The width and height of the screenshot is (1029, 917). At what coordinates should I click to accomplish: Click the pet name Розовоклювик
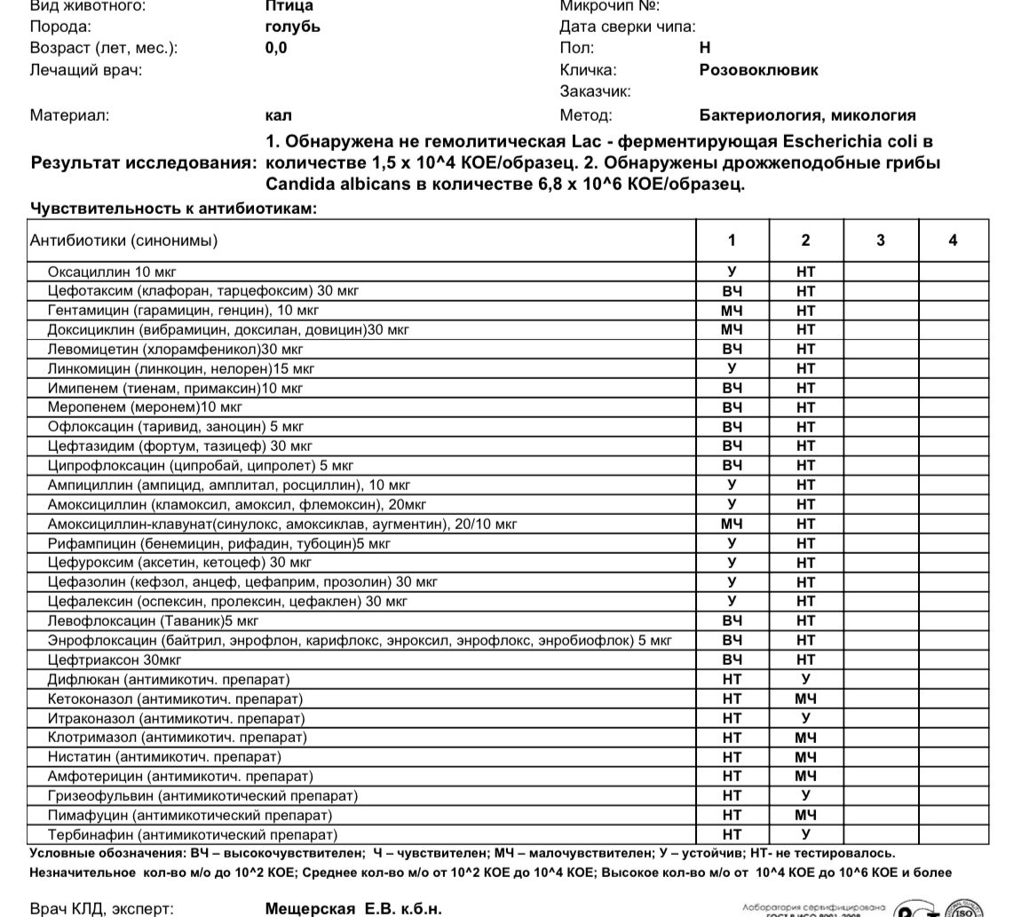[758, 70]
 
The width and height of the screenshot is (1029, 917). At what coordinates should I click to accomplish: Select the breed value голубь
[292, 27]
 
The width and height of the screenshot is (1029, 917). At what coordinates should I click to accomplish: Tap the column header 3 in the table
[880, 241]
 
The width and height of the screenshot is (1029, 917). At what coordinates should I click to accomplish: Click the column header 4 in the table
[953, 241]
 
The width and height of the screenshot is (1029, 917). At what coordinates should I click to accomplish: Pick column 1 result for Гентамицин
[732, 311]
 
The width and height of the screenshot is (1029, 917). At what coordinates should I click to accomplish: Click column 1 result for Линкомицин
[732, 368]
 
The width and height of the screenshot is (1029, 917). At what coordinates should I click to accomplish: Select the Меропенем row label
[145, 407]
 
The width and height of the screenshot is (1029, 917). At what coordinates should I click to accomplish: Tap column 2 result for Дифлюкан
[805, 679]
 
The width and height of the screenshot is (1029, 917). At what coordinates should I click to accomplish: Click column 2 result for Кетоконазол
[805, 699]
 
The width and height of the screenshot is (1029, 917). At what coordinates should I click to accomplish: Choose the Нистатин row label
[164, 757]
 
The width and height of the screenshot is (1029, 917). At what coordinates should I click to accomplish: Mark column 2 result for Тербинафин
[805, 834]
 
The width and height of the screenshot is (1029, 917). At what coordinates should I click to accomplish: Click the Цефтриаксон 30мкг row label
[115, 660]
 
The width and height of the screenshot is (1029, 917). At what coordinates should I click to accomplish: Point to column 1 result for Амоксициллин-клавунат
[732, 524]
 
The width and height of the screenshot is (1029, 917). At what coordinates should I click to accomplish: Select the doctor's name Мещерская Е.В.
[352, 909]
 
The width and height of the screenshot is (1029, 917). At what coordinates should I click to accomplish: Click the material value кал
[278, 115]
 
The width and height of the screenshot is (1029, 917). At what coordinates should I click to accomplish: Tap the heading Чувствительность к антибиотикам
[173, 209]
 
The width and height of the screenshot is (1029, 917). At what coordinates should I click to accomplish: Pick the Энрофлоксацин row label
[359, 640]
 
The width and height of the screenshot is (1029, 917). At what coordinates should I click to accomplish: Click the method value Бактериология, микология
[807, 115]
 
